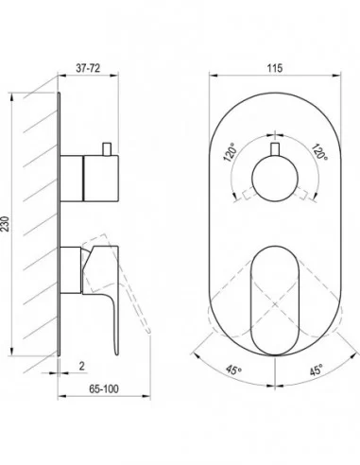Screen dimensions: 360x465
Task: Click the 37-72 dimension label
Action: tap(88, 68)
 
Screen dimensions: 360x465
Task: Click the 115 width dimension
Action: tap(275, 68)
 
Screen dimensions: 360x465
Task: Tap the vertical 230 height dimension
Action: tap(6, 224)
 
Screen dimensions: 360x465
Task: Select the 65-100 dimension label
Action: tap(104, 389)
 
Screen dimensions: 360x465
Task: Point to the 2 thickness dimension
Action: tap(82, 366)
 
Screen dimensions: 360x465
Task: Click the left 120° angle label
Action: tap(230, 152)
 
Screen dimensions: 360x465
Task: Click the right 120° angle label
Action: tap(319, 151)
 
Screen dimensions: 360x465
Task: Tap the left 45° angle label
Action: tap(233, 370)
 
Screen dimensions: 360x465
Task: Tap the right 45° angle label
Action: tap(316, 370)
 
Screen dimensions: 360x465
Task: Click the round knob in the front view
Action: tap(275, 178)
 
